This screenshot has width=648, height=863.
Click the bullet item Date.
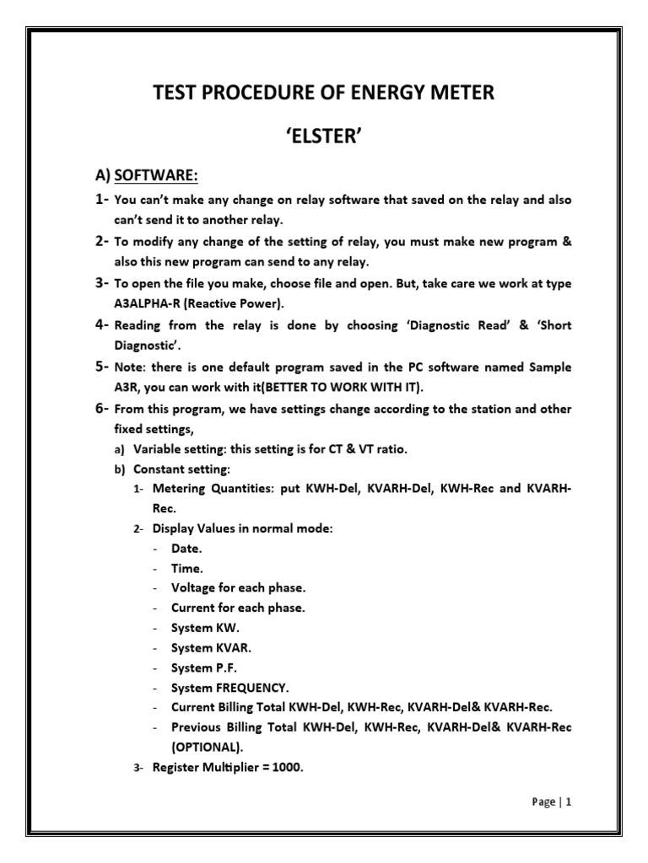(x=186, y=547)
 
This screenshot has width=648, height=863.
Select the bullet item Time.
(x=187, y=567)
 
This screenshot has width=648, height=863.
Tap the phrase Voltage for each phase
(x=238, y=587)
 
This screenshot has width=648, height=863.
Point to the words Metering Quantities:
(x=210, y=489)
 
